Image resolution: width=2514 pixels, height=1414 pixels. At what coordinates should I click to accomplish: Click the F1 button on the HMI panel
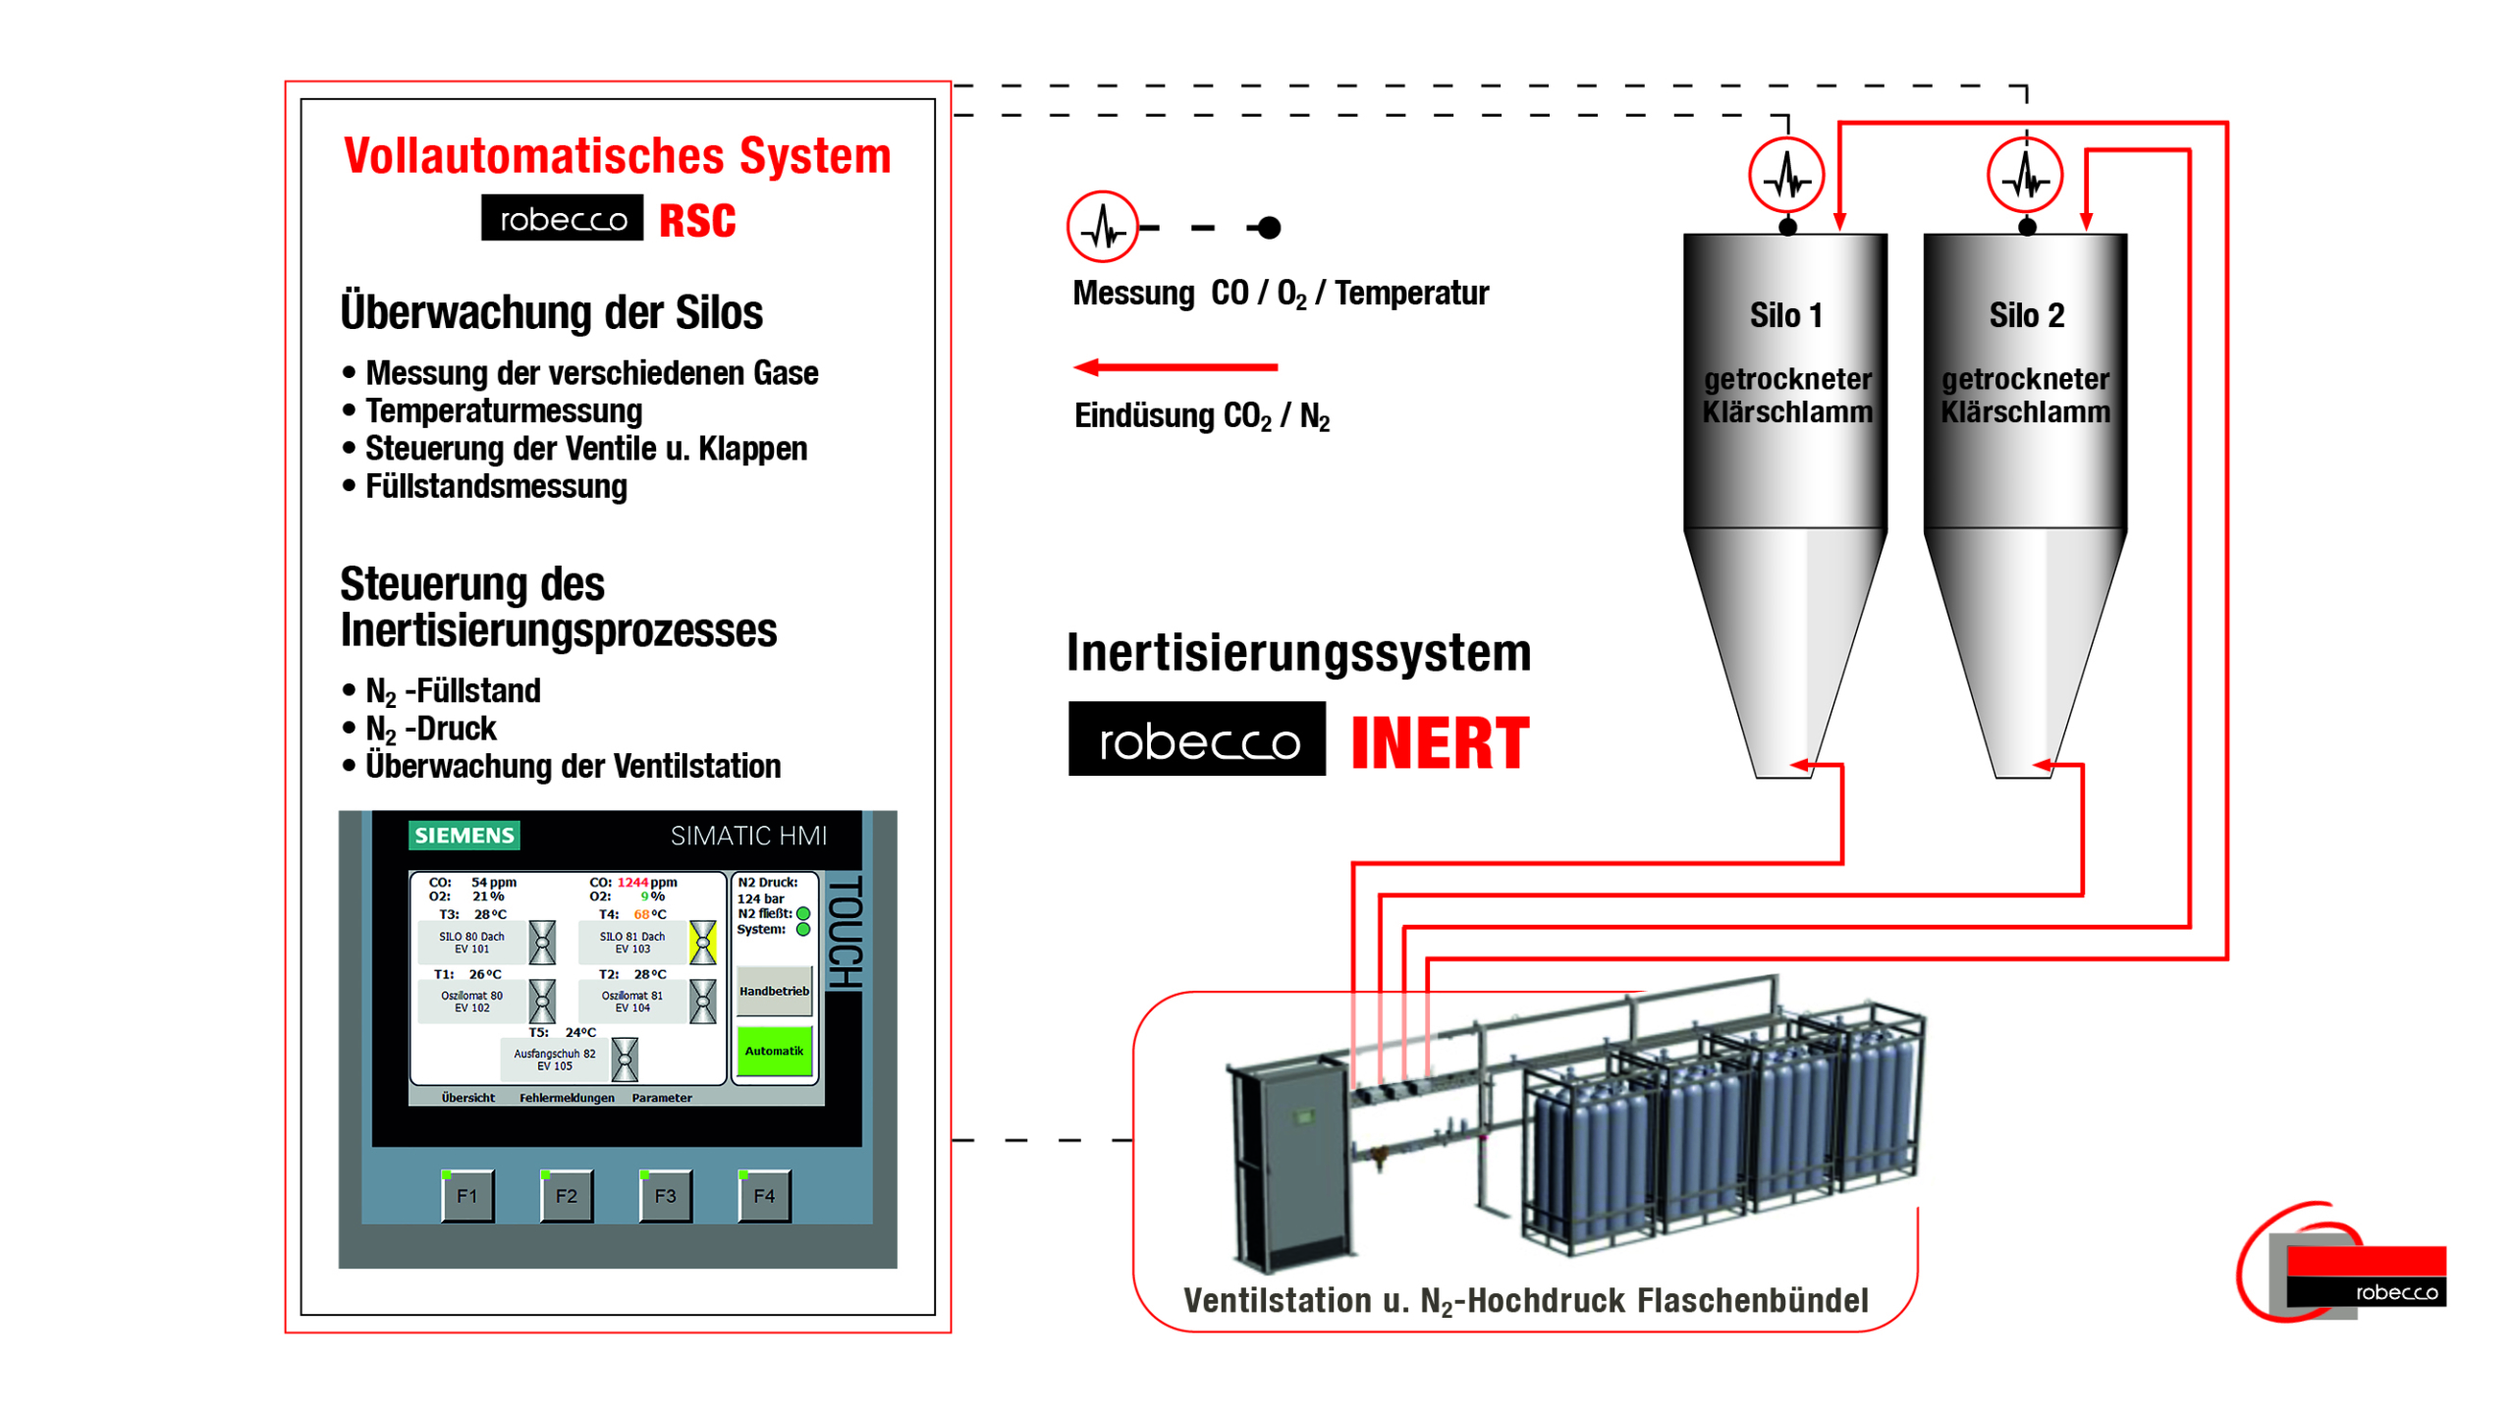click(466, 1196)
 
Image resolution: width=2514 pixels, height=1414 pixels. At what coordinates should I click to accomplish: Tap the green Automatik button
click(774, 1051)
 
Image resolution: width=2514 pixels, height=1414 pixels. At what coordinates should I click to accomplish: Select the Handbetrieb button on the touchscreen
click(774, 992)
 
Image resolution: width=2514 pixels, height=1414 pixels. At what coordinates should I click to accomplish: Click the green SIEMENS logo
click(464, 836)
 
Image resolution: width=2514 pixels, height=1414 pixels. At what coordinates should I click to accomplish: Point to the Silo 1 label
click(1785, 316)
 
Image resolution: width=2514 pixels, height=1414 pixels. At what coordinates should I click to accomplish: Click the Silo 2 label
click(2026, 316)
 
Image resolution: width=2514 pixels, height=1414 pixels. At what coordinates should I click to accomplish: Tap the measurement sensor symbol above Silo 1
click(1786, 177)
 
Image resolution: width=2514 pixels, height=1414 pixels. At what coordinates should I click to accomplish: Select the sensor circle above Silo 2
click(2024, 177)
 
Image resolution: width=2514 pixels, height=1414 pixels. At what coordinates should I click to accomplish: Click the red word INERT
click(1440, 743)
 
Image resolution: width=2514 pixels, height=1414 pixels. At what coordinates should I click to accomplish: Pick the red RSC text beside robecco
click(697, 220)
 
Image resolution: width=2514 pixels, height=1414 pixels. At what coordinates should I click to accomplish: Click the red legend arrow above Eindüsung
click(1175, 367)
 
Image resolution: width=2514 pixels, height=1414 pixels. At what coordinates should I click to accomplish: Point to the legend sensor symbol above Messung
click(1102, 227)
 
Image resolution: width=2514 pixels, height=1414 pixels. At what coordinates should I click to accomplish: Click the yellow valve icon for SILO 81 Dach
click(703, 942)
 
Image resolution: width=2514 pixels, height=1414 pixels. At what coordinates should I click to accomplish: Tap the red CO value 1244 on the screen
click(632, 883)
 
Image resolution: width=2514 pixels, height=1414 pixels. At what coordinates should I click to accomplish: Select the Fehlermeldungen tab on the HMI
click(567, 1098)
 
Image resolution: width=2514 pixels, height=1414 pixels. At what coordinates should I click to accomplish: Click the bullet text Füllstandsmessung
click(496, 487)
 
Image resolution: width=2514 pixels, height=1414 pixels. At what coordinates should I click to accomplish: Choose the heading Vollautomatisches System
click(617, 156)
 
